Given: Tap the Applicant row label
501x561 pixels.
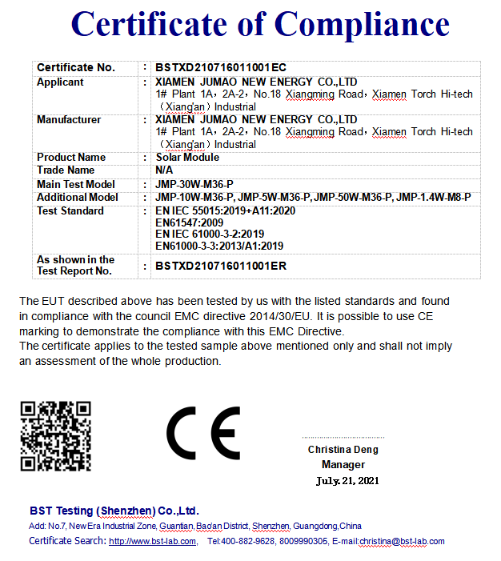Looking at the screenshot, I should (x=60, y=82).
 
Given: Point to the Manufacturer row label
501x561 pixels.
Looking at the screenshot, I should (x=69, y=120).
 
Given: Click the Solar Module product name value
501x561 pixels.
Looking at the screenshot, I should (x=187, y=158).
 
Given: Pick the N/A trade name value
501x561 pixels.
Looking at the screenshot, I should (x=162, y=170).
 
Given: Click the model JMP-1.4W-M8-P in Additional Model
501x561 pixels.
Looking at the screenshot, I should (x=435, y=198).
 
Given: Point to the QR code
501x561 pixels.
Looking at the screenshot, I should (x=56, y=435).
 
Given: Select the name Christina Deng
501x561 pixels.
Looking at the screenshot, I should (x=343, y=450).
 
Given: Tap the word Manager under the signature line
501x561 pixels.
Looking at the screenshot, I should (x=343, y=465).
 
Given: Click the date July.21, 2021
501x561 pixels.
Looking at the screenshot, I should (x=347, y=481).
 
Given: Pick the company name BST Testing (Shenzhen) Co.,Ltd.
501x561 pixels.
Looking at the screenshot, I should (x=114, y=511).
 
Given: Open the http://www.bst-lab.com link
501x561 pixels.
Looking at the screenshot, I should (x=152, y=542).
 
